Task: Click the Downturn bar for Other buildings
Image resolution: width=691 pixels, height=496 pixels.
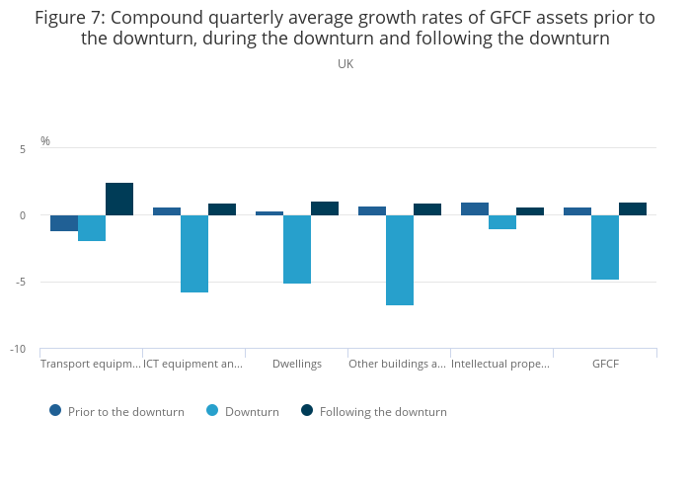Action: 400,260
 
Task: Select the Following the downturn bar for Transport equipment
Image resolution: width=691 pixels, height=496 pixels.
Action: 119,199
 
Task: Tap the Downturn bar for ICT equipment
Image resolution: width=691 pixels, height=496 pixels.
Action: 194,254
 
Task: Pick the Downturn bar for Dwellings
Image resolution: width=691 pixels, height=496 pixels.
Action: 297,249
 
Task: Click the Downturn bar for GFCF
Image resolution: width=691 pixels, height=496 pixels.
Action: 605,247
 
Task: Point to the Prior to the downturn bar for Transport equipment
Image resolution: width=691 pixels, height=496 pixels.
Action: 64,223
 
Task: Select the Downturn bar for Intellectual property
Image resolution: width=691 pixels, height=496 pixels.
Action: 502,222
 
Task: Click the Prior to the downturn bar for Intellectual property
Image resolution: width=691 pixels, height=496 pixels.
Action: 475,208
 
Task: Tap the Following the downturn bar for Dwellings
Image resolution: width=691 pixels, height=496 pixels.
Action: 325,208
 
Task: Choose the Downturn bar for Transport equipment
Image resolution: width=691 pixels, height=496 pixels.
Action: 92,228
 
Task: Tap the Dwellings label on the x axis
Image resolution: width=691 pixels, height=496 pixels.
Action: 297,364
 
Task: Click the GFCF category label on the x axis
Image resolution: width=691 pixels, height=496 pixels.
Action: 605,364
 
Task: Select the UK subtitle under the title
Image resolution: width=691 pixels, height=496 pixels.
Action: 345,63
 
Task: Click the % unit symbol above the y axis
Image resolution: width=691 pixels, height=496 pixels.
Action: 45,141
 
